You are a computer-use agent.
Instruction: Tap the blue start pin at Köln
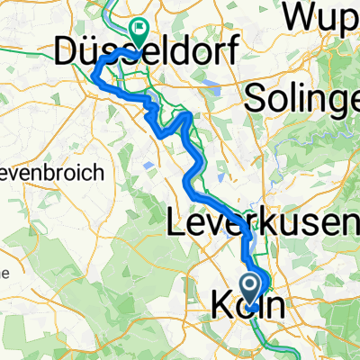point(251,289)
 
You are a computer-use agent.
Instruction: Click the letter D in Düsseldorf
point(67,51)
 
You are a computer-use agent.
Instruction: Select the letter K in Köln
point(222,305)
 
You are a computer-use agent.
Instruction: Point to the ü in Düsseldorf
point(87,51)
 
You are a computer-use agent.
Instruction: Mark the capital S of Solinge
point(253,94)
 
